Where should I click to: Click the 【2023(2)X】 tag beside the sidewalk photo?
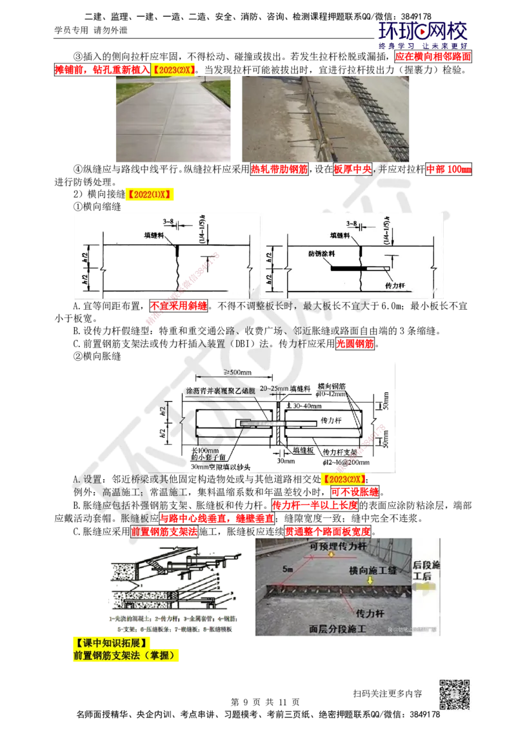[174, 70]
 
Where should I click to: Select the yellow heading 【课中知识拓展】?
[114, 643]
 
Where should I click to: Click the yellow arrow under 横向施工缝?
[369, 580]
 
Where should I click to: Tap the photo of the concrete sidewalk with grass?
[172, 120]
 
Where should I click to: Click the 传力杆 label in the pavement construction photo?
[364, 608]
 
